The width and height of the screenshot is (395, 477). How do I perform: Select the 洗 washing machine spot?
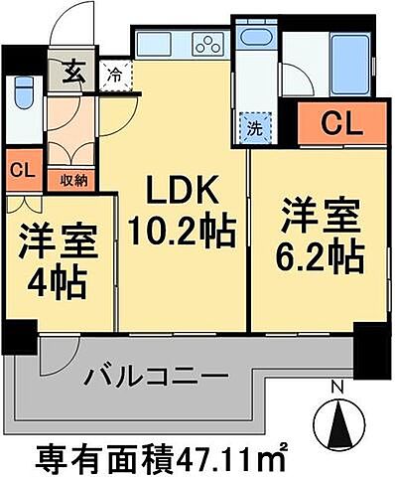coord(253,126)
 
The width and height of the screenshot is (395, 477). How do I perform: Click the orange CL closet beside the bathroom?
coord(340,124)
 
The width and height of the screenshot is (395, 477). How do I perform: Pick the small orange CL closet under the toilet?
coord(21,169)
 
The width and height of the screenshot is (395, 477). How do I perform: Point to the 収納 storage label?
coord(72,180)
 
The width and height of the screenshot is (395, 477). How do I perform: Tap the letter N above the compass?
coord(337,387)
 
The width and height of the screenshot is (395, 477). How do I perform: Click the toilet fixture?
coord(22,95)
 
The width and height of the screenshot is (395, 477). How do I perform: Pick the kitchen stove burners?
coord(210,43)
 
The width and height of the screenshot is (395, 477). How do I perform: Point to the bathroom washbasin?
coord(256,42)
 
